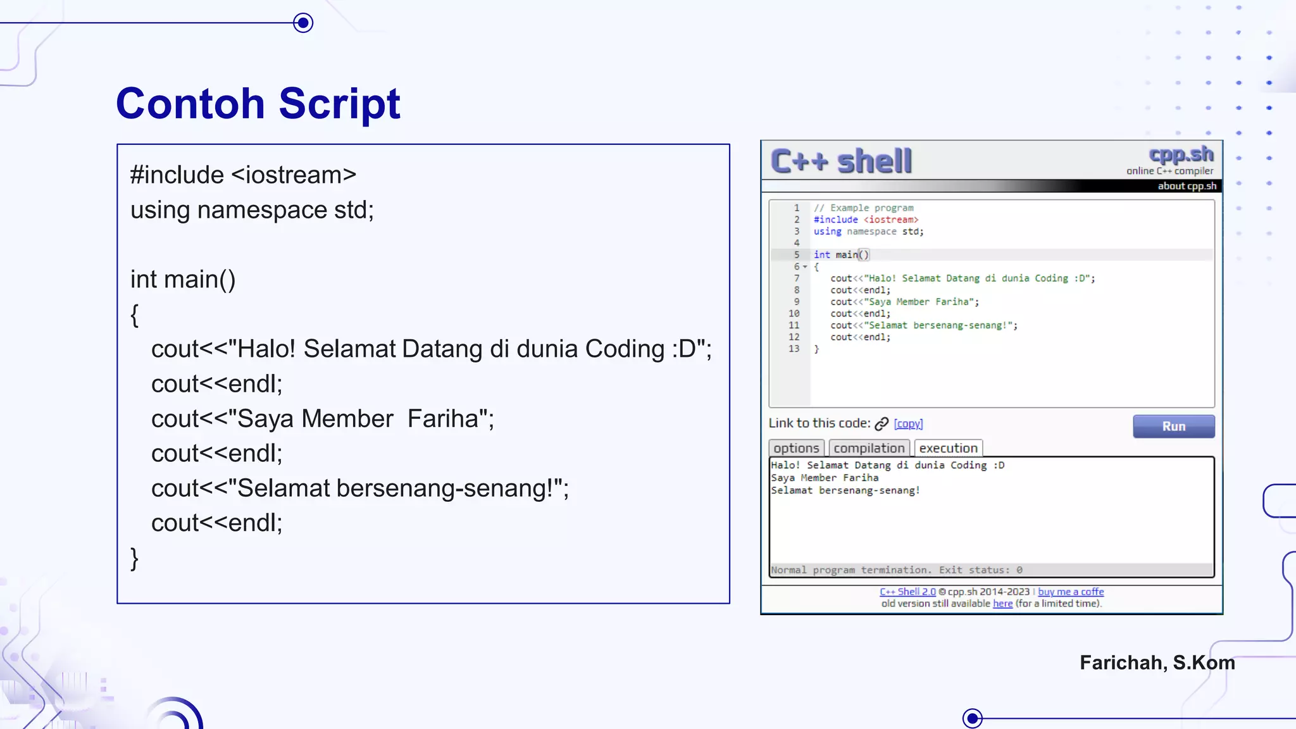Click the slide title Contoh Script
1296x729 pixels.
[x=258, y=103]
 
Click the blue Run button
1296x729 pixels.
[x=1173, y=427]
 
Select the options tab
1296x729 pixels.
[x=796, y=448]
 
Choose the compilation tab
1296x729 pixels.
[x=869, y=448]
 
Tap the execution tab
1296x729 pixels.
[x=948, y=448]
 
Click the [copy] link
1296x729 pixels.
[x=908, y=424]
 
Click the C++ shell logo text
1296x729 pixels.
[x=841, y=161]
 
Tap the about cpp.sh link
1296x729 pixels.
[x=1187, y=186]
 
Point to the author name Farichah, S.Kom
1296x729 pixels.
[x=1157, y=663]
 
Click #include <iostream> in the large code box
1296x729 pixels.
[x=243, y=175]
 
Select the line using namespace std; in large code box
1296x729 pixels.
[x=252, y=210]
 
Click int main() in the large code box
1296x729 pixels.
[x=183, y=279]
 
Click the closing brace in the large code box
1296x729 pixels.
[x=134, y=558]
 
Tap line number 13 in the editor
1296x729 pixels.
[x=794, y=349]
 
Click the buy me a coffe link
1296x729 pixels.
[x=1071, y=592]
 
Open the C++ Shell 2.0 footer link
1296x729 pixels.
[x=907, y=592]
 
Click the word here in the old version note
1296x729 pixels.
[x=1002, y=604]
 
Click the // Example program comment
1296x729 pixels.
[x=863, y=208]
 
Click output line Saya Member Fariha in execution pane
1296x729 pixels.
[x=825, y=478]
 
